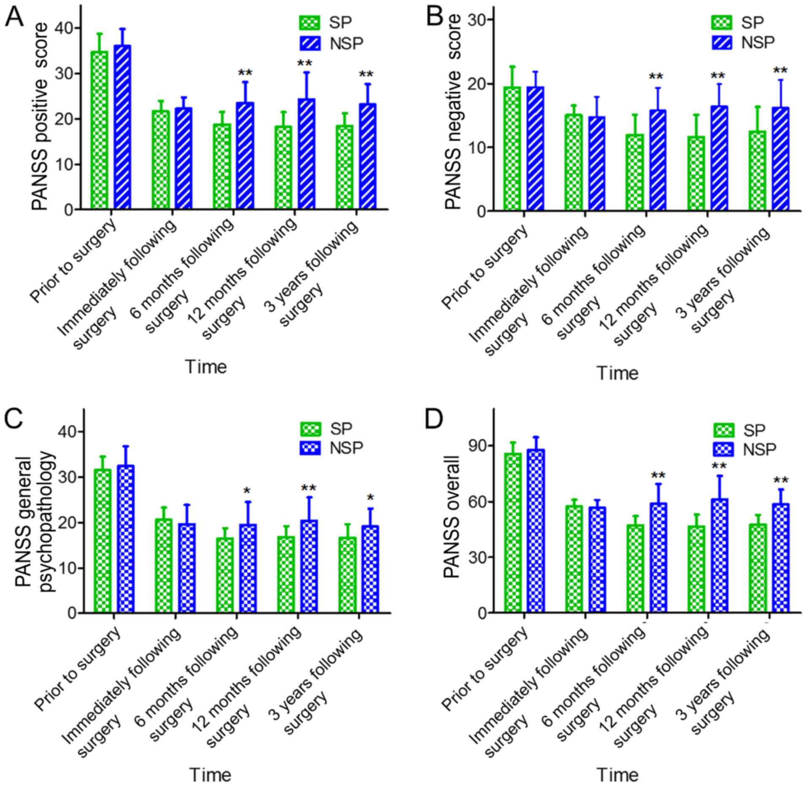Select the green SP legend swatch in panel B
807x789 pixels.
tap(722, 22)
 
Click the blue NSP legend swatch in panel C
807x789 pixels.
tap(310, 448)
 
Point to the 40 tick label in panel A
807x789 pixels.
tap(67, 28)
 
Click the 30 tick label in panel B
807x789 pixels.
tap(478, 20)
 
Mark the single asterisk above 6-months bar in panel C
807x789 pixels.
tap(247, 491)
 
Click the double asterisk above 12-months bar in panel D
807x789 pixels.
tap(719, 467)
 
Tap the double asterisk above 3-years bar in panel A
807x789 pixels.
tap(366, 75)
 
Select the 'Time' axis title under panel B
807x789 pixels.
tap(617, 373)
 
